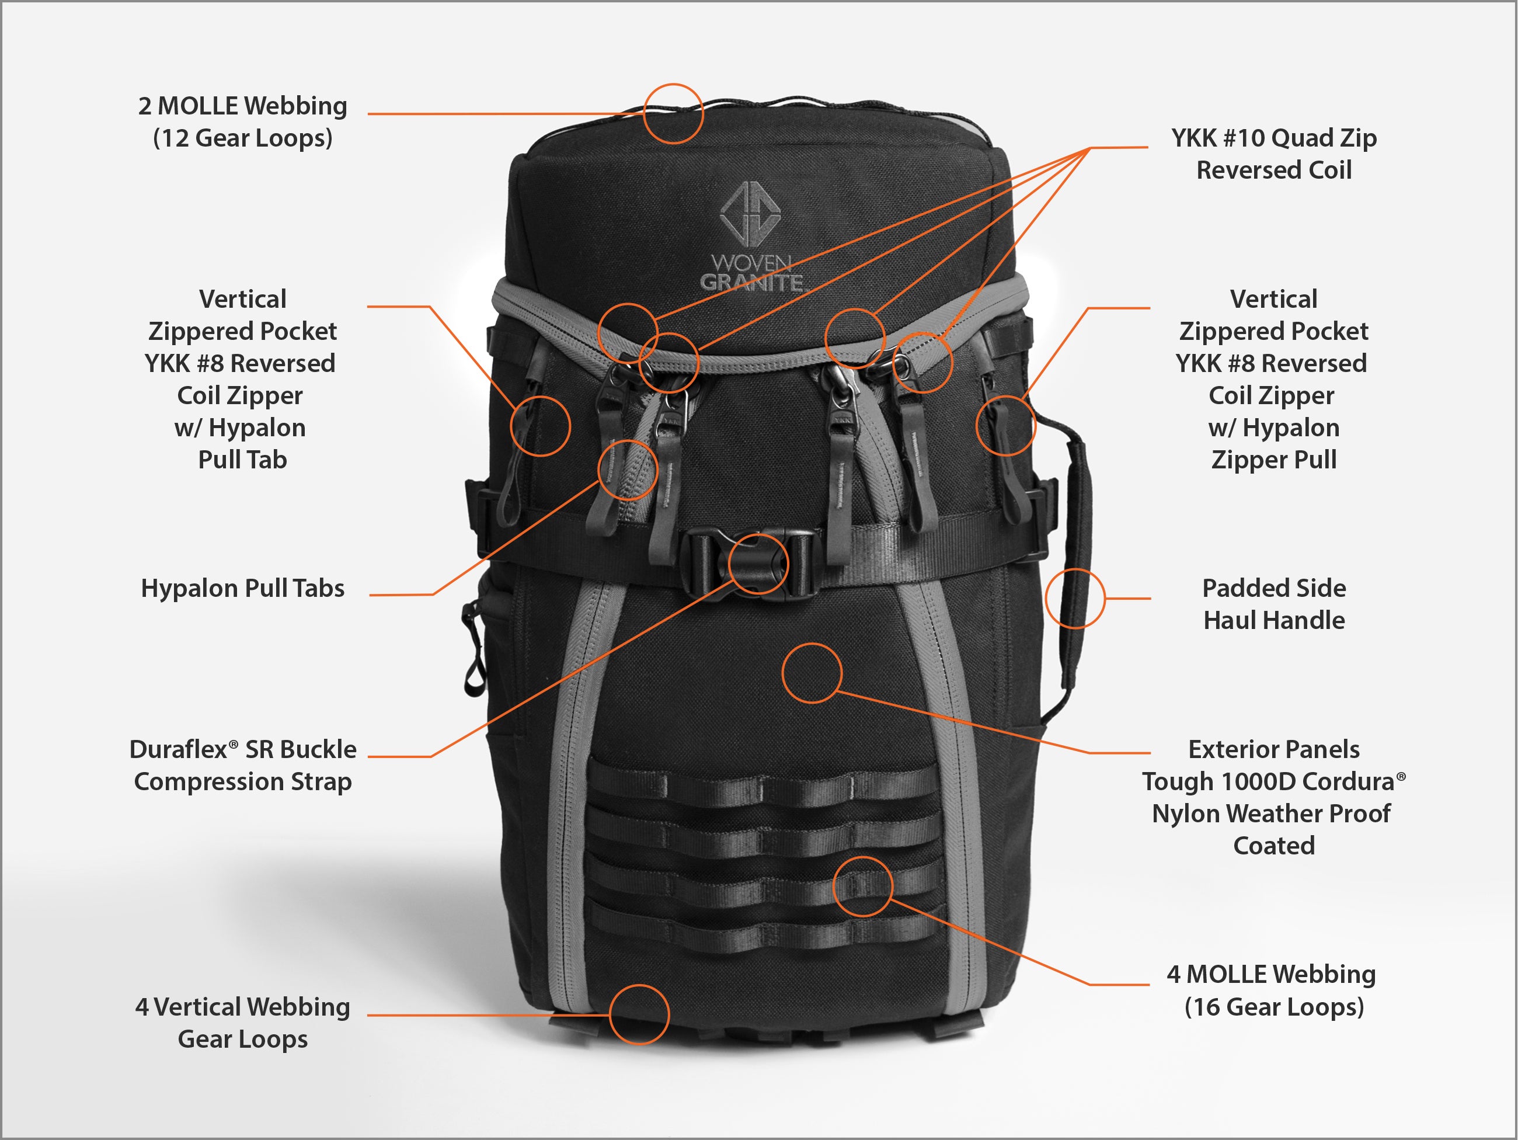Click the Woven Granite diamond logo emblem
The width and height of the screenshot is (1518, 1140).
coord(750,213)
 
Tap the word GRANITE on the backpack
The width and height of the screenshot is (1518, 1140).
coord(751,282)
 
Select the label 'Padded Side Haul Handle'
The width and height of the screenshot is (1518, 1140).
coord(1274,604)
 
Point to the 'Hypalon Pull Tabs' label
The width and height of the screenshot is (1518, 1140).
coord(243,588)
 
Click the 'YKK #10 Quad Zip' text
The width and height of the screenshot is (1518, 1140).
coord(1274,138)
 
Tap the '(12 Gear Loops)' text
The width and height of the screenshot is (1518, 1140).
coord(243,138)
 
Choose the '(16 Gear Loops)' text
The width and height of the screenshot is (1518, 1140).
coord(1274,1007)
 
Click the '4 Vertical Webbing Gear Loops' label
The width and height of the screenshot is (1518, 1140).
coord(243,1023)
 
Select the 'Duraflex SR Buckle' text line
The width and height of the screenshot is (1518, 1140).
coord(243,749)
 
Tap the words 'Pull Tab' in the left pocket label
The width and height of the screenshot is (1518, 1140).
coord(243,460)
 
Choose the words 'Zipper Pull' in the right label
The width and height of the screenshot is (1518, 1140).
coord(1274,460)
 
